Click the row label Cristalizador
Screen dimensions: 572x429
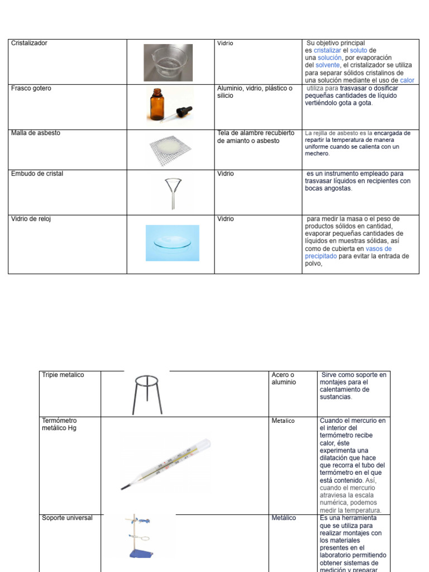point(29,44)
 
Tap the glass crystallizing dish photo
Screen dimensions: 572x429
point(168,63)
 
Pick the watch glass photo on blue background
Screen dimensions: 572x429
point(172,243)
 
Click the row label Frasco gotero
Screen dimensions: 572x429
point(31,89)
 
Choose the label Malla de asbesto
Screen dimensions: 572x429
point(36,134)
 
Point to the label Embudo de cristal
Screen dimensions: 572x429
point(37,174)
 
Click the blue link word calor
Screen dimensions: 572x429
point(407,80)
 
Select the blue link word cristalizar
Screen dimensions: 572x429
point(327,51)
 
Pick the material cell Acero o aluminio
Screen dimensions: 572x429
point(284,379)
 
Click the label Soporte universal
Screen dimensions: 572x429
point(67,518)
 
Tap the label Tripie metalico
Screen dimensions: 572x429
point(63,375)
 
